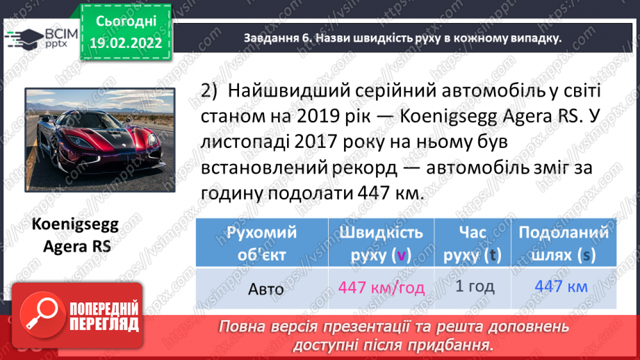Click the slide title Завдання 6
[402, 39]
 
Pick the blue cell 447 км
[563, 286]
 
